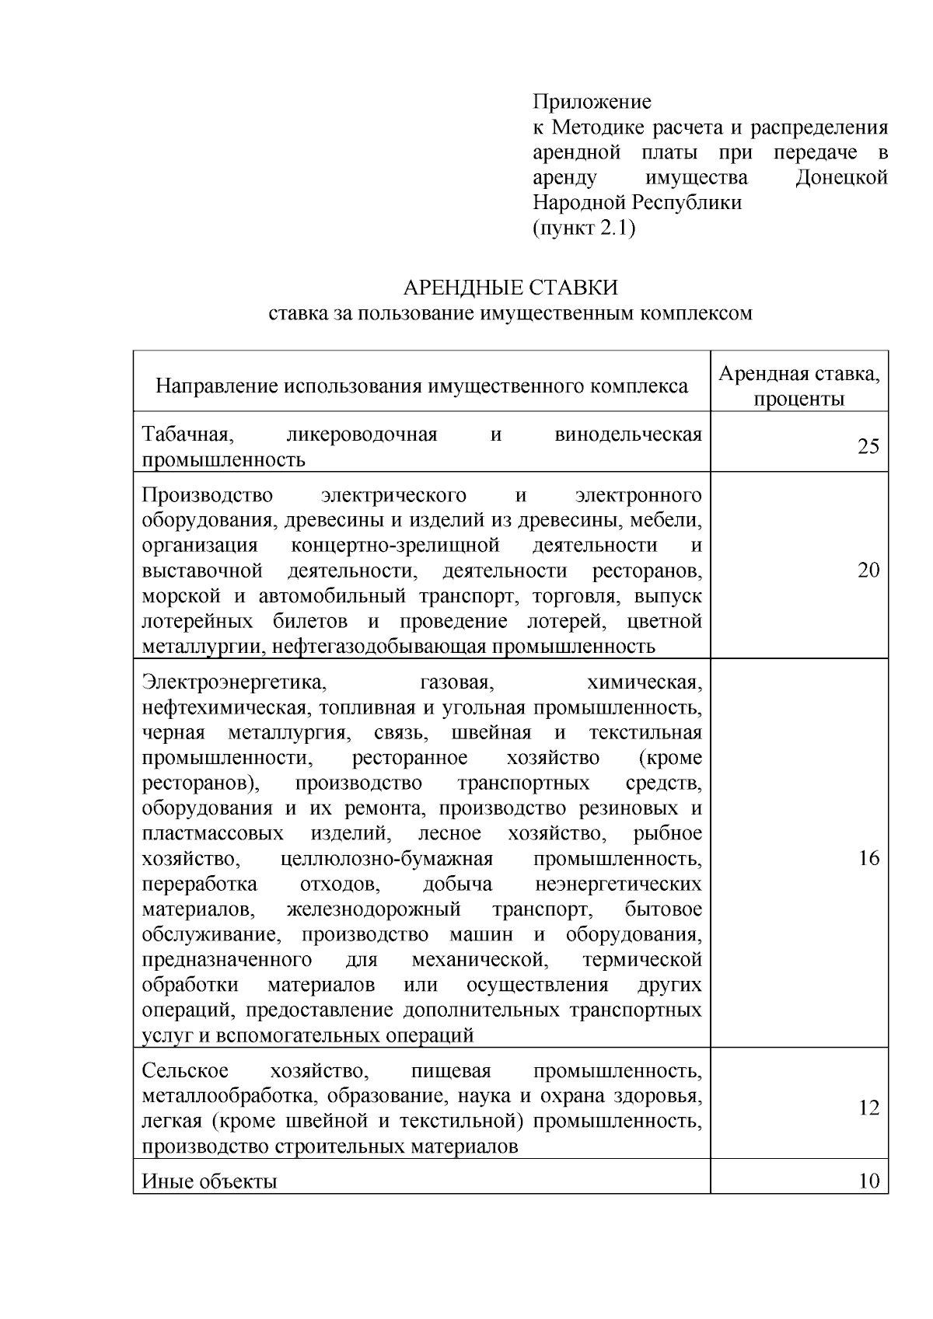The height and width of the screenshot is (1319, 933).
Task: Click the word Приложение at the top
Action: (x=592, y=102)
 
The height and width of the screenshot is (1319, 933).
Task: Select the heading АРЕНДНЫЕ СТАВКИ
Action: (x=510, y=288)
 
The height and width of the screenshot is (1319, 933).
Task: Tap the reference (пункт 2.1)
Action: (x=584, y=228)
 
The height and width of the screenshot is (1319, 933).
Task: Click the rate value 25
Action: (x=868, y=447)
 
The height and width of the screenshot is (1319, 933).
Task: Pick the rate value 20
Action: (x=868, y=571)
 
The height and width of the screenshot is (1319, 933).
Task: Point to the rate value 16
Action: (x=868, y=858)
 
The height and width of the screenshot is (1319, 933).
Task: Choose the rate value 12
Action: (x=868, y=1108)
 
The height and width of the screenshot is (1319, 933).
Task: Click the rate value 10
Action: (x=868, y=1181)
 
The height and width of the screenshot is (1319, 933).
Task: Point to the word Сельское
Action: (x=185, y=1071)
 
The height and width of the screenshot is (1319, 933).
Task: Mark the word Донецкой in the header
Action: (x=842, y=177)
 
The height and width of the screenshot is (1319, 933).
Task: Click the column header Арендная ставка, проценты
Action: (x=799, y=387)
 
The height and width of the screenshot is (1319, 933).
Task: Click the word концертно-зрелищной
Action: (x=395, y=546)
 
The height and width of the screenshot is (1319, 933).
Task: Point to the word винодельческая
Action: (x=628, y=434)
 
